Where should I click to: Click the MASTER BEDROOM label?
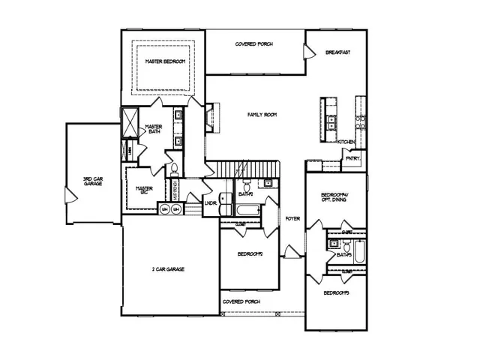click(164, 61)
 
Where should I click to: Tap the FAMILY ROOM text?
click(262, 115)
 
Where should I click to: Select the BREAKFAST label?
click(338, 52)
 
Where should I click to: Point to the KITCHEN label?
click(346, 142)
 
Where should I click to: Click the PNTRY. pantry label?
click(352, 157)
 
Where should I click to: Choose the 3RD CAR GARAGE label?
click(93, 181)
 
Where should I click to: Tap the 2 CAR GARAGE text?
click(168, 268)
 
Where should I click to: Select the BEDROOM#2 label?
click(249, 254)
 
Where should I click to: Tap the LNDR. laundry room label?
click(211, 203)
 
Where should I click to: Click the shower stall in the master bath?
click(130, 122)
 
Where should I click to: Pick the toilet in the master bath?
click(172, 169)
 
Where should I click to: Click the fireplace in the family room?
click(209, 117)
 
